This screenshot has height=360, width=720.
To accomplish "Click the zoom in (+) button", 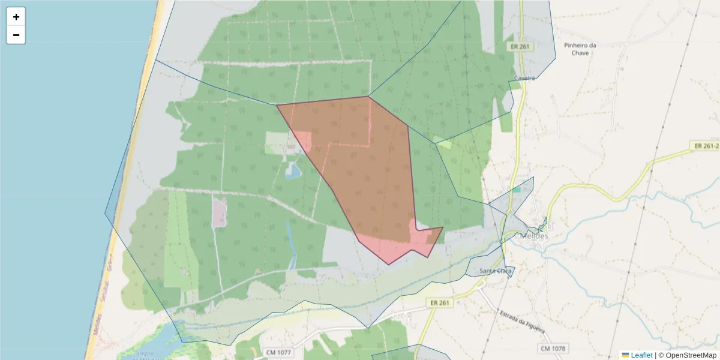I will click(x=16, y=17).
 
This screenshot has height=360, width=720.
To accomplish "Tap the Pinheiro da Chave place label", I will click(x=580, y=49).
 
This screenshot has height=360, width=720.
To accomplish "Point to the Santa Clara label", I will click(x=497, y=271).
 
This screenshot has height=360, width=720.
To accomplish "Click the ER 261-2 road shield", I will click(x=706, y=146).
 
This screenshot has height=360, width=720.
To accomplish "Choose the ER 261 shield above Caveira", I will click(x=520, y=46).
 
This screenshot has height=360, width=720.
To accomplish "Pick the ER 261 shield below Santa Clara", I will click(x=440, y=303).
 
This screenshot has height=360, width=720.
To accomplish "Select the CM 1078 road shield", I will click(x=553, y=349).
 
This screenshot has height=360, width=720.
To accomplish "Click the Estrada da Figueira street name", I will click(x=521, y=322).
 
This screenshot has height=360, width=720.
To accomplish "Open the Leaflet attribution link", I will click(x=641, y=355).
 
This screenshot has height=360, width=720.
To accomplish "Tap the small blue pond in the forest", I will click(x=293, y=172).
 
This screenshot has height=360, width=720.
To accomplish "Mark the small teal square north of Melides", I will click(x=516, y=190).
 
